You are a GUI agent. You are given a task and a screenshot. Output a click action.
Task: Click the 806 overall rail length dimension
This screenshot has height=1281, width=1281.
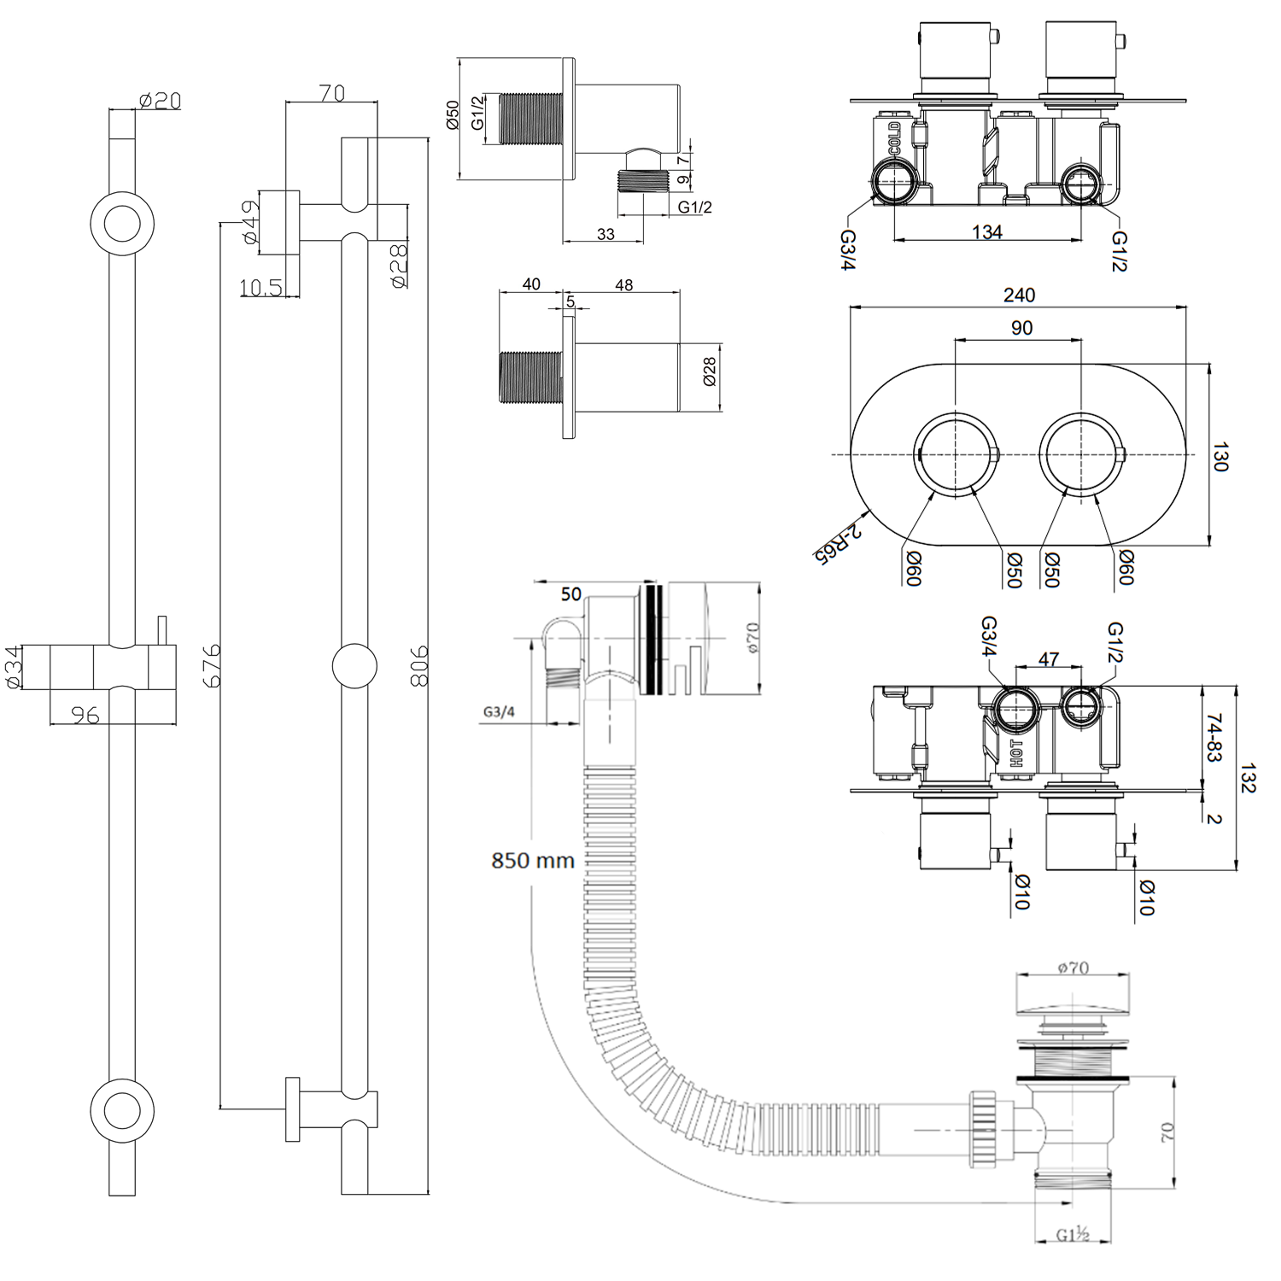tap(418, 666)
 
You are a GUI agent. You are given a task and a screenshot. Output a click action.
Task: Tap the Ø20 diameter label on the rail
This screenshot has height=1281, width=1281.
tap(160, 101)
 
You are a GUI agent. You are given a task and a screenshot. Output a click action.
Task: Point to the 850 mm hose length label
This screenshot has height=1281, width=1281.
tap(532, 860)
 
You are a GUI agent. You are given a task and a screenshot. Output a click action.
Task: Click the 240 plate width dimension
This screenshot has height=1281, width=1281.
tap(1019, 295)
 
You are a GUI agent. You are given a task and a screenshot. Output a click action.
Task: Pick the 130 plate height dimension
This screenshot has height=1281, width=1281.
tap(1220, 456)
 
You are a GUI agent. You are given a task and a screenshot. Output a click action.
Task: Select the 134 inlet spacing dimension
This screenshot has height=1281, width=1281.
tap(986, 232)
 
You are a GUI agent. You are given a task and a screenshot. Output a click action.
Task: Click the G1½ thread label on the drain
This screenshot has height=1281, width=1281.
tap(1073, 1235)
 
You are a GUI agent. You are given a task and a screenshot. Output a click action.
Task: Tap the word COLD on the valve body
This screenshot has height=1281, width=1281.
tap(894, 138)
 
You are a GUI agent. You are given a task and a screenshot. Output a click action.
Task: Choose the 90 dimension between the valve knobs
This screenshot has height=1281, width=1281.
tap(1021, 328)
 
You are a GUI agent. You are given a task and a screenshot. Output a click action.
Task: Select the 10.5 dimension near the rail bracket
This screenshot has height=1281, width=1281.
tap(260, 288)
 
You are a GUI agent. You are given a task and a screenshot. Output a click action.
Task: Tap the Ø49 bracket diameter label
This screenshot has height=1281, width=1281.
tap(250, 222)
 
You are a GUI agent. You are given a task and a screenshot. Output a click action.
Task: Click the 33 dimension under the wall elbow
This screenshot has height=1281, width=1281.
tap(605, 234)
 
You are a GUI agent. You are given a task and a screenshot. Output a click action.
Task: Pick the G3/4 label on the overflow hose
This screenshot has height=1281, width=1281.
tap(499, 712)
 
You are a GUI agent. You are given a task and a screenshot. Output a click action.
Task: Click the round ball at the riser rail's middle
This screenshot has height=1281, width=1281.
tap(354, 666)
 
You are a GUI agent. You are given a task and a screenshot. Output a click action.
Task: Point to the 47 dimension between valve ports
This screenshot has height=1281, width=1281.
tap(1049, 659)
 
